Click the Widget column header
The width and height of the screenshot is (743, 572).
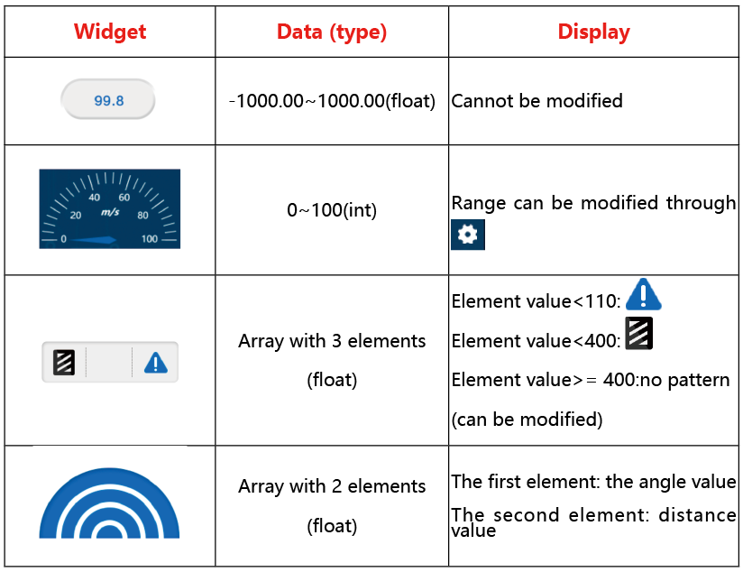coord(110,32)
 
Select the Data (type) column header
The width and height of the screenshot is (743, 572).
coord(332,32)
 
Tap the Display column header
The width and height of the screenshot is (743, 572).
coord(593,32)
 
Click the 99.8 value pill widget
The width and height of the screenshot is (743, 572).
coord(108,99)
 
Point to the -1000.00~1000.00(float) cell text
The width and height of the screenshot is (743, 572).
coord(332,101)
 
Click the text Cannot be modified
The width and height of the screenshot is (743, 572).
coord(537,101)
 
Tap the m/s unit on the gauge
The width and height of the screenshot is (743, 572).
coord(110,212)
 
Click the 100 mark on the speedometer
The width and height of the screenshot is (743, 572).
coord(150,238)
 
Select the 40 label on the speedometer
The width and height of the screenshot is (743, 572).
coord(95,198)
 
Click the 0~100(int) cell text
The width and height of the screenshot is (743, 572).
coord(332,210)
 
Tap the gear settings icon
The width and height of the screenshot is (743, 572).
coord(468,235)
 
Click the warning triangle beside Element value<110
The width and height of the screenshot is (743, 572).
coord(644,295)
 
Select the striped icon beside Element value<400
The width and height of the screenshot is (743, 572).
coord(638,334)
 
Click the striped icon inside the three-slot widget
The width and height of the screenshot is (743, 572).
coord(64,363)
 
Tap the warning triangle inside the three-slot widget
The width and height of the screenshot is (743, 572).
coord(155,363)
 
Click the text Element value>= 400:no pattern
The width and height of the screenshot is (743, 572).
coord(591,381)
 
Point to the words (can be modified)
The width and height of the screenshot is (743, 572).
coord(527,420)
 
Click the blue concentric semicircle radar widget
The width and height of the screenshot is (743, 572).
coord(109,503)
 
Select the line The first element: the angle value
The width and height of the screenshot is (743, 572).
coord(593,482)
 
